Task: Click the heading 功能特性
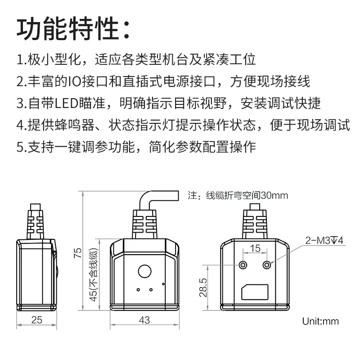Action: tap(68, 29)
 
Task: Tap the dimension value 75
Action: tap(77, 253)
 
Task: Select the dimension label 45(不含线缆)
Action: tap(94, 275)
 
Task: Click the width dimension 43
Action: tap(144, 320)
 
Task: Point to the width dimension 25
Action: tap(37, 320)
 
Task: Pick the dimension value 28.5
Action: tap(203, 288)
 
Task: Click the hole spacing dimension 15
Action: tap(255, 248)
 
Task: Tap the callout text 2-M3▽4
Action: tap(324, 240)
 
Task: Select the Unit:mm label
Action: tap(320, 321)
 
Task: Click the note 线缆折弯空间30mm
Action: tap(247, 196)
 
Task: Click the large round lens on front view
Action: tap(144, 271)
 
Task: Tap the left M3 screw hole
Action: tap(243, 265)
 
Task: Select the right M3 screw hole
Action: tap(266, 265)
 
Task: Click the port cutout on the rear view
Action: tap(255, 292)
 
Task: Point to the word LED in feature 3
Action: tap(67, 103)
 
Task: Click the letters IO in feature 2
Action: tap(75, 81)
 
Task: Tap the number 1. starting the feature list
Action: tap(22, 60)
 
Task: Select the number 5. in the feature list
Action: tap(22, 147)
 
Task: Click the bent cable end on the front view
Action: tap(176, 196)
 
